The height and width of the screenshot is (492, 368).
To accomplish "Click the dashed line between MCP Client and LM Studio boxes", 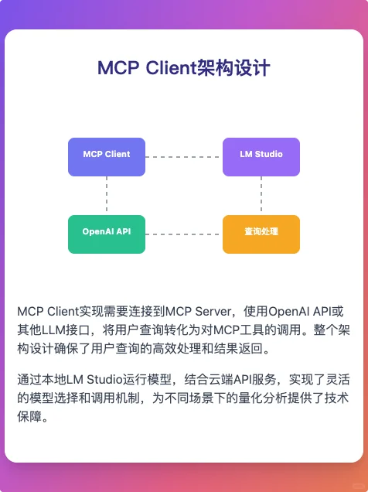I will (184, 156).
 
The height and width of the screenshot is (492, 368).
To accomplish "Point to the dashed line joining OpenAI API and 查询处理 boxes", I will (184, 234).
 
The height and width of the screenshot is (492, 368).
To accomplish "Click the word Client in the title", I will (169, 68).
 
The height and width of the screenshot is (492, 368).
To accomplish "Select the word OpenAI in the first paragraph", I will (289, 312).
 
